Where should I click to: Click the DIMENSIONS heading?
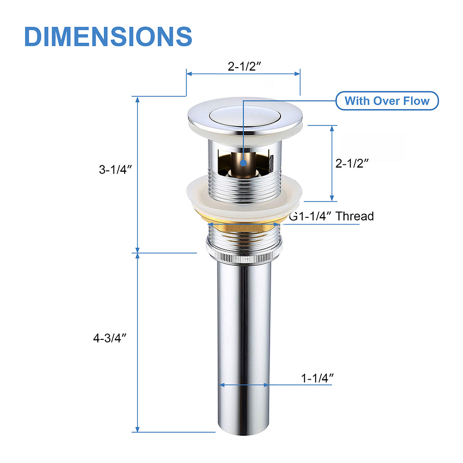[108, 36]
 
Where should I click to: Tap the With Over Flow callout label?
[387, 100]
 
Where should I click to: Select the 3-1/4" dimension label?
[115, 169]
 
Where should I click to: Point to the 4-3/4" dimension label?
[110, 338]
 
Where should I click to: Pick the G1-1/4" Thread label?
[332, 216]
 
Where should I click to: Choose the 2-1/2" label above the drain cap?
[244, 66]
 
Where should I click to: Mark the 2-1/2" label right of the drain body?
[352, 163]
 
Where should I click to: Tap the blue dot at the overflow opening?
[244, 163]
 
